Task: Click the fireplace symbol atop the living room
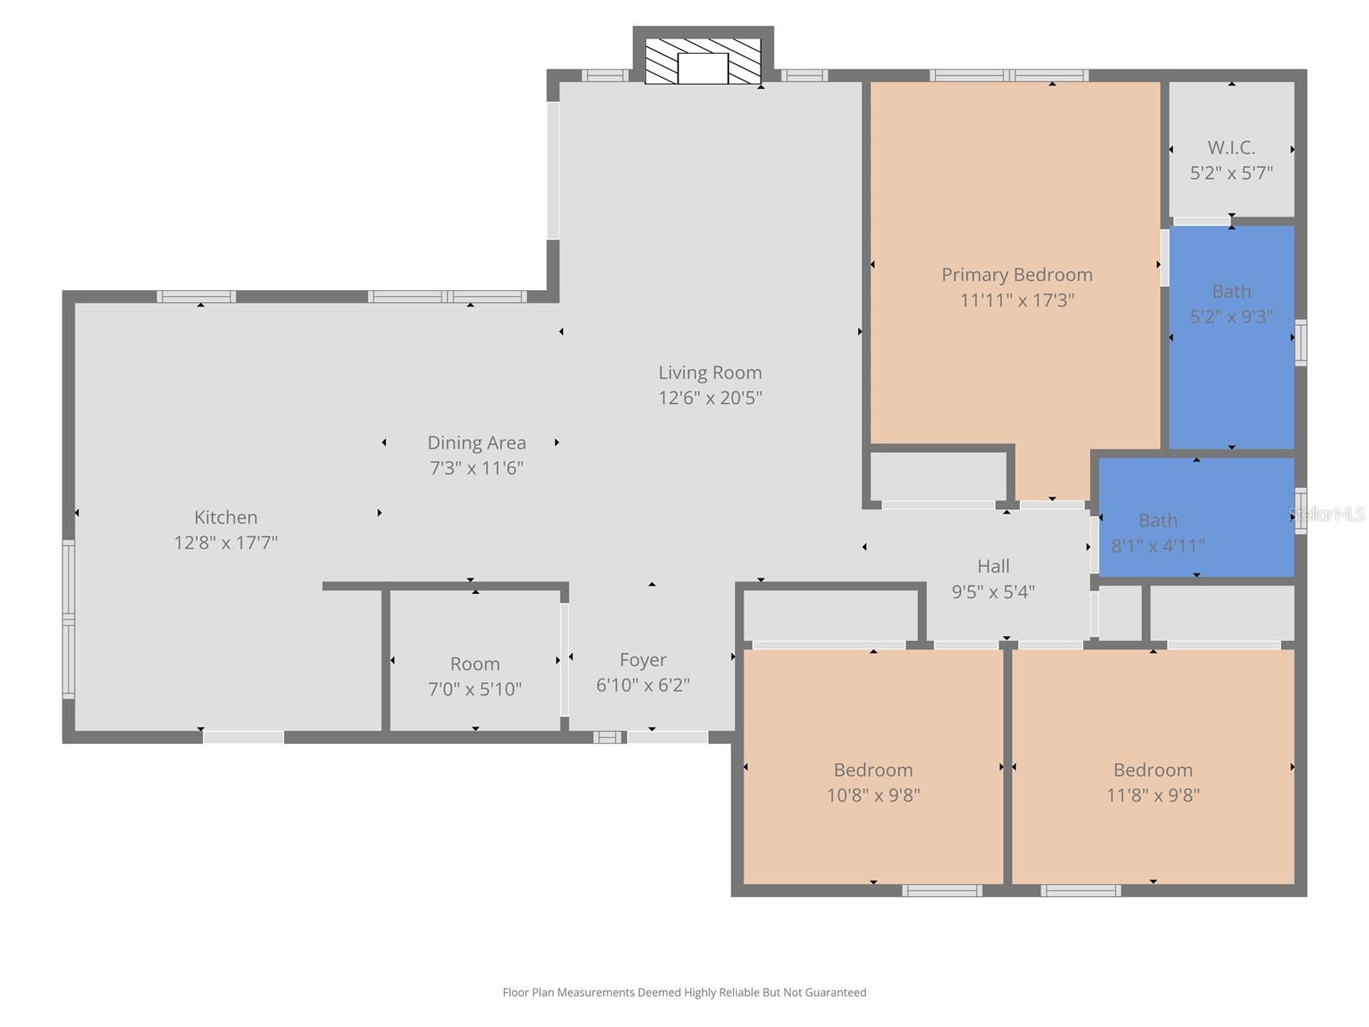[702, 62]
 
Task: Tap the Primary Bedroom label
[1016, 275]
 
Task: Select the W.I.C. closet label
[1231, 147]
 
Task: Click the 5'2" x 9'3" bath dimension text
[1231, 317]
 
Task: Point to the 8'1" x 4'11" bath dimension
[1158, 545]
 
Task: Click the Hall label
[993, 566]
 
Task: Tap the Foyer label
[643, 660]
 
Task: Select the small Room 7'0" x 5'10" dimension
[475, 689]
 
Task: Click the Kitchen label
[226, 517]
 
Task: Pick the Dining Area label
[477, 442]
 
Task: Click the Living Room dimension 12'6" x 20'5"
[709, 398]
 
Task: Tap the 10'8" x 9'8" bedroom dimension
[873, 795]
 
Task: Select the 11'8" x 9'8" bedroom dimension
[1153, 795]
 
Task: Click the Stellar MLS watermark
[1327, 514]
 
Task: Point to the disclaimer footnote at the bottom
[684, 993]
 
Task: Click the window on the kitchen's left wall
[68, 618]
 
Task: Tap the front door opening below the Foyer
[667, 737]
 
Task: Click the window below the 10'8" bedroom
[942, 891]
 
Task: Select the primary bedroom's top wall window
[1010, 75]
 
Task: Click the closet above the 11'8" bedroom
[1222, 613]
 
